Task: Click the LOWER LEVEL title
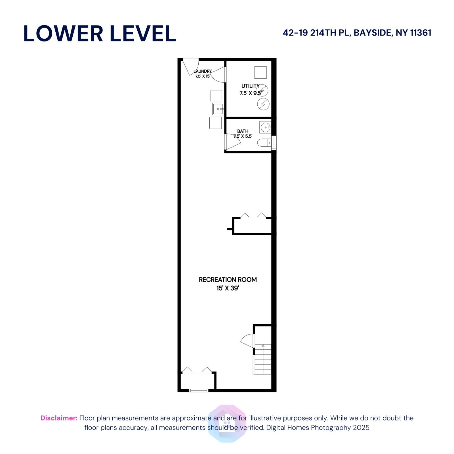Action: pos(100,33)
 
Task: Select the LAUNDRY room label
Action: pos(203,71)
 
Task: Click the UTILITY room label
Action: pos(250,86)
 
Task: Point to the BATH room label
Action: pos(243,131)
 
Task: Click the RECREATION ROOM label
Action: pos(228,279)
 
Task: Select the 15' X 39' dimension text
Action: pos(228,288)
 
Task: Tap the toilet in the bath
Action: pos(264,143)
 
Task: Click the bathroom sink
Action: pos(266,127)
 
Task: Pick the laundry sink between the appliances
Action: pos(218,109)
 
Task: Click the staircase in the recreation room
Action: pos(263,359)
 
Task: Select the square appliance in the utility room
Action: pos(260,72)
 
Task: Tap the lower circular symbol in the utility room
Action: pos(263,104)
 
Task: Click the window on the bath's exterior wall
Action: pos(274,143)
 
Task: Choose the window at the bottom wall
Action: pos(199,390)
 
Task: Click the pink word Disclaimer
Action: pos(59,418)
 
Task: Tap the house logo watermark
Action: pos(227,423)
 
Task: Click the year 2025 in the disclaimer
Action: pos(361,427)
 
